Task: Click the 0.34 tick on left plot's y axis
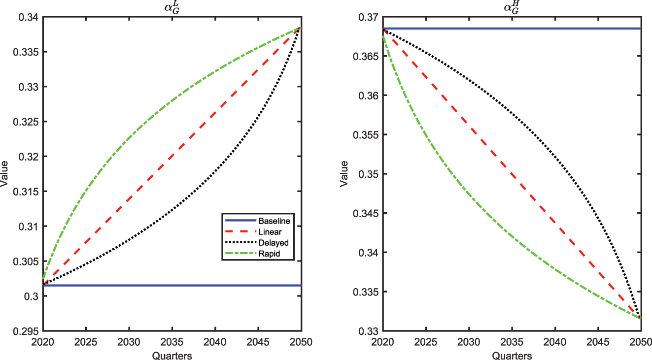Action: (30, 18)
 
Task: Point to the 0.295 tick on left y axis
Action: (28, 331)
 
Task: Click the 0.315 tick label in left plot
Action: (28, 192)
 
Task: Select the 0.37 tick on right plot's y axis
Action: (370, 18)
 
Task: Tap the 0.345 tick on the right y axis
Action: (368, 214)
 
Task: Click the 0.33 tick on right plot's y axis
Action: (370, 331)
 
